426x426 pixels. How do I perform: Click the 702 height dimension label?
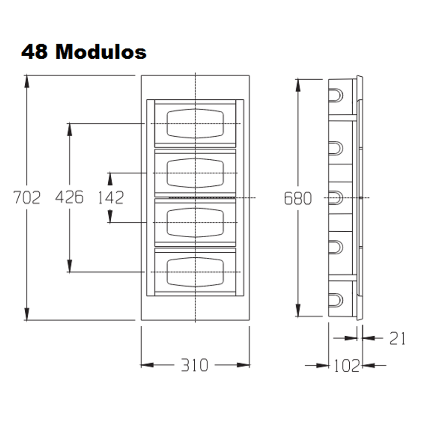[x=27, y=197]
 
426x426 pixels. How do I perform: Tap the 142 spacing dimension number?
[x=111, y=198]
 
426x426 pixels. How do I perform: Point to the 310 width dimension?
[x=195, y=365]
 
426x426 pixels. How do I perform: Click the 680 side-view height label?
[x=298, y=198]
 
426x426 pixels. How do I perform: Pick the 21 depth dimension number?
[x=397, y=339]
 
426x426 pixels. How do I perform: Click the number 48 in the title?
[x=35, y=52]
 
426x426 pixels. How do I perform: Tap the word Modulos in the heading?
[x=101, y=52]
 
